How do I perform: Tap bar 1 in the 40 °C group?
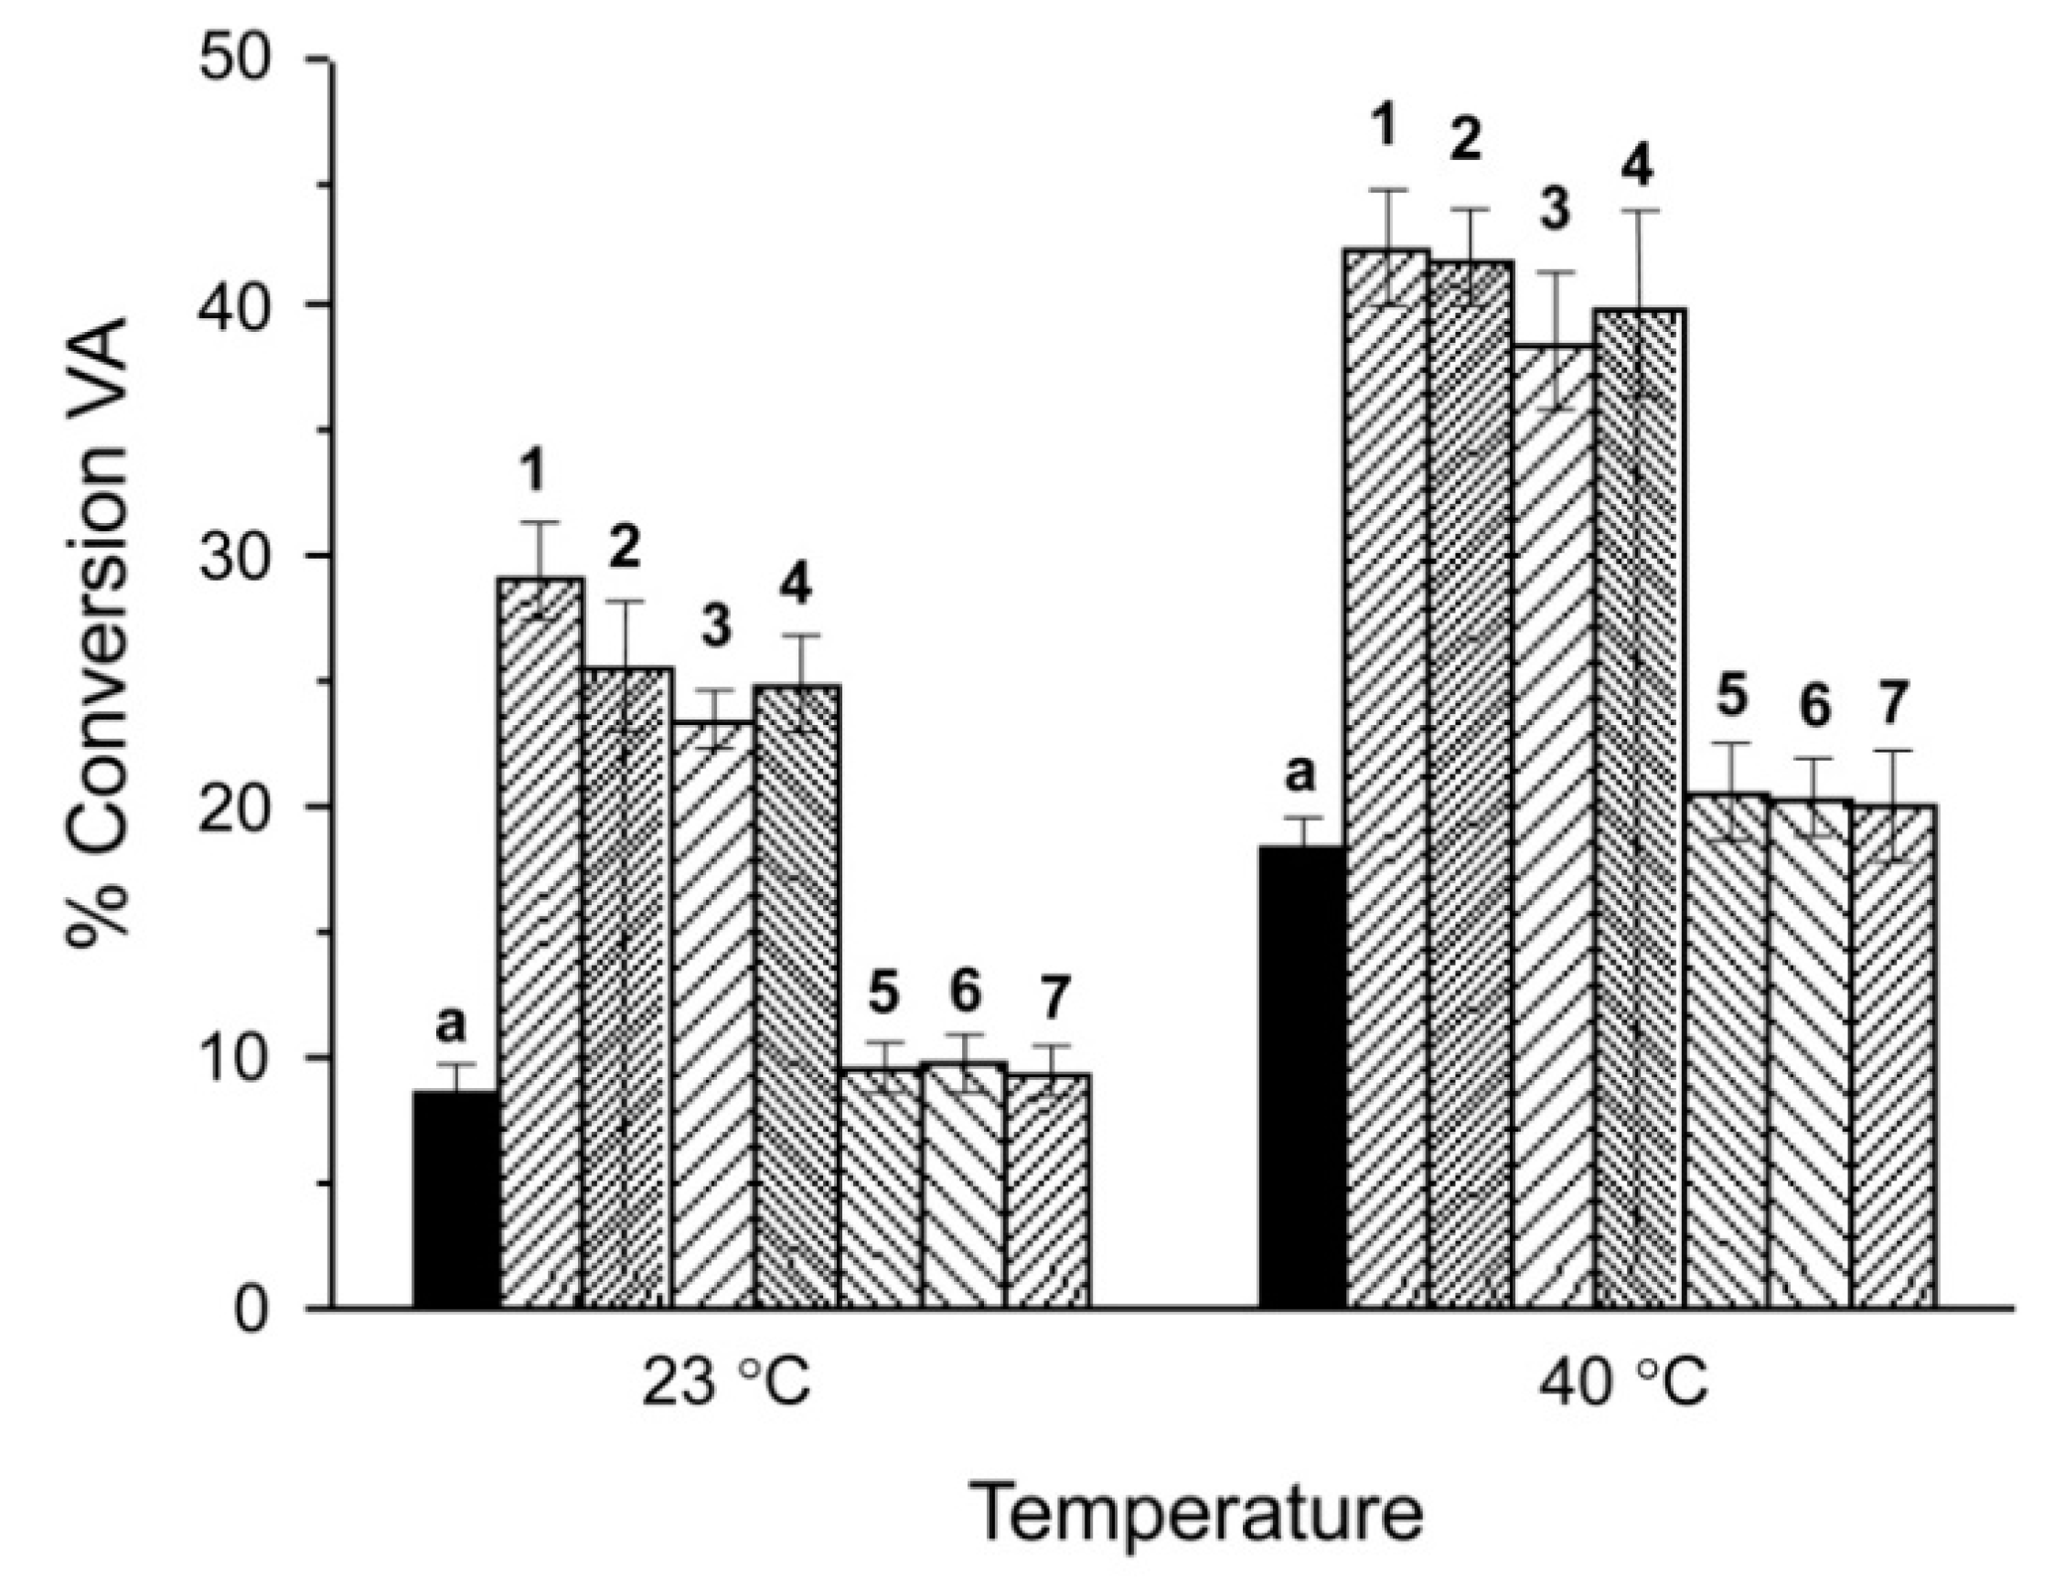pyautogui.click(x=1387, y=781)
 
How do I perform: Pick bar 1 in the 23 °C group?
pyautogui.click(x=540, y=941)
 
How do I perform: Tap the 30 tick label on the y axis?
pyautogui.click(x=246, y=556)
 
